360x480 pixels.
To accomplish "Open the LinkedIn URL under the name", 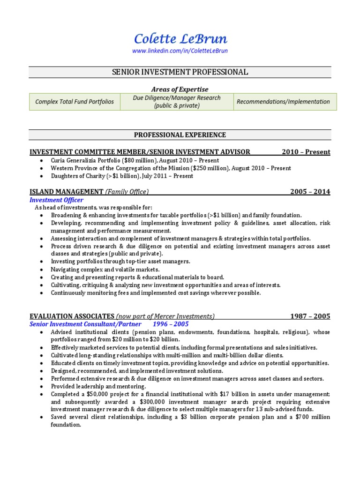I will click(180, 51).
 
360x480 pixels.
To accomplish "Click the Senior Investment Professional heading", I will click(180, 72).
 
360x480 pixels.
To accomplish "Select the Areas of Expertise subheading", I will click(180, 89).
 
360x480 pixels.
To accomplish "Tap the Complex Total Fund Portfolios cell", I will click(75, 102).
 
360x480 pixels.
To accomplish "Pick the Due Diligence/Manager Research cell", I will click(177, 102).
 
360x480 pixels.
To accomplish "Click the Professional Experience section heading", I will click(180, 135).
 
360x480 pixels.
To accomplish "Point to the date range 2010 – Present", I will click(306, 152).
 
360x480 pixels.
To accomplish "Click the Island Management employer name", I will click(66, 192).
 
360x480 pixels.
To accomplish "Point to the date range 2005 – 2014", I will click(310, 192).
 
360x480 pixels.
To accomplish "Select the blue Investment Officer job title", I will click(56, 200).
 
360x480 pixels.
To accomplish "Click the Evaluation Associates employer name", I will click(72, 316).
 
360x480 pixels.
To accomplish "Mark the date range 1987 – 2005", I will click(310, 316).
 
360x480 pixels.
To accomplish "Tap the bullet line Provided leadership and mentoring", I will click(98, 386).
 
